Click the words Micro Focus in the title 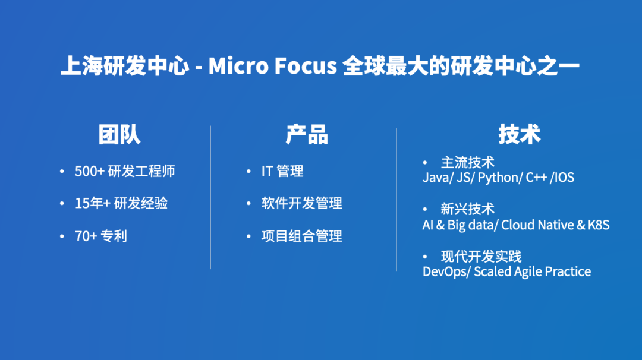coord(273,65)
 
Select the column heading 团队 coord(119,135)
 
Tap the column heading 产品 coord(307,135)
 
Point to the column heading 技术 coord(519,134)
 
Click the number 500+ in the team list coord(90,171)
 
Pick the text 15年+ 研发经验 coord(121,203)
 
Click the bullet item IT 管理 coord(282,171)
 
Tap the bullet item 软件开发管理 coord(302,203)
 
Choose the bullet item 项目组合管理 coord(302,236)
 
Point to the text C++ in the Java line coord(536,178)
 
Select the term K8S coord(599,225)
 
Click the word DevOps coord(445,271)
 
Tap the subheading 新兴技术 coord(468,209)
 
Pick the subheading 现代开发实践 coord(481,257)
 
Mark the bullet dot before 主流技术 coord(425,163)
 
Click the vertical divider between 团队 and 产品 coord(210,197)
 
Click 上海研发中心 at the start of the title coord(125,65)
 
